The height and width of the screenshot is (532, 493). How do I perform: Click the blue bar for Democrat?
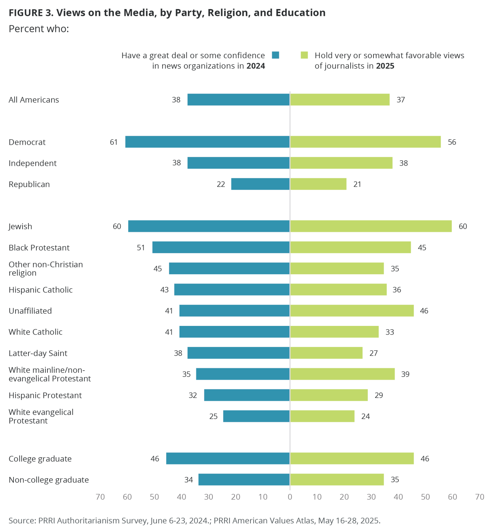pyautogui.click(x=207, y=142)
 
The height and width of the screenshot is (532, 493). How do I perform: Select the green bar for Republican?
pyautogui.click(x=318, y=184)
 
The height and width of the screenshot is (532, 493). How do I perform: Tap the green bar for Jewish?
pyautogui.click(x=371, y=226)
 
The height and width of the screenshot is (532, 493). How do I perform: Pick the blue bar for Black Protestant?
pyautogui.click(x=221, y=247)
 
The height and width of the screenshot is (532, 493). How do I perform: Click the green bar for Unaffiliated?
pyautogui.click(x=352, y=311)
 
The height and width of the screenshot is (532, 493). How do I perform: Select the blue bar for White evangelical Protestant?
pyautogui.click(x=256, y=416)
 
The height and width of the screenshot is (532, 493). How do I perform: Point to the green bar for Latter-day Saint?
pyautogui.click(x=326, y=353)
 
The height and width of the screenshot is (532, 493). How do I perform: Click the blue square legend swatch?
pyautogui.click(x=275, y=55)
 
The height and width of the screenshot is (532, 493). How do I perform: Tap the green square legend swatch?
pyautogui.click(x=304, y=55)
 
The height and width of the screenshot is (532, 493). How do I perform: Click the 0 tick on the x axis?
pyautogui.click(x=290, y=497)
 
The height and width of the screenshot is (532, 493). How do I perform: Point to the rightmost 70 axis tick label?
pyautogui.click(x=479, y=497)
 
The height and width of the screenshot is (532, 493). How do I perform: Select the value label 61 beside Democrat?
pyautogui.click(x=114, y=142)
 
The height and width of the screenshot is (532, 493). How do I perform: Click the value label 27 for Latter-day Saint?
pyautogui.click(x=373, y=353)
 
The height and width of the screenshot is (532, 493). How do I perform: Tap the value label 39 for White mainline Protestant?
pyautogui.click(x=405, y=374)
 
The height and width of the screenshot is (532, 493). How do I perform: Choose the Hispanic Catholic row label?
pyautogui.click(x=41, y=290)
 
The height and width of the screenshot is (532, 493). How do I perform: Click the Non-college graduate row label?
pyautogui.click(x=49, y=480)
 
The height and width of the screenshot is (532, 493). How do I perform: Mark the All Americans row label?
pyautogui.click(x=34, y=100)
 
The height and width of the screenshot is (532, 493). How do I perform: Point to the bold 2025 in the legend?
pyautogui.click(x=385, y=66)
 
